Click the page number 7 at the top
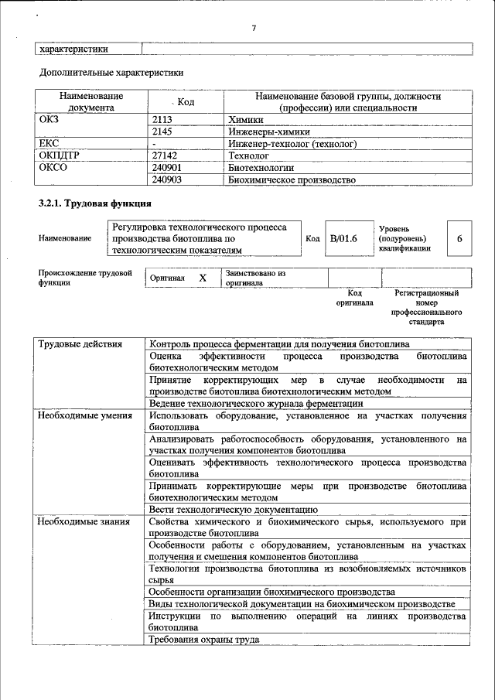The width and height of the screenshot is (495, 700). point(253,29)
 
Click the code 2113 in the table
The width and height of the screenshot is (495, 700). point(162,120)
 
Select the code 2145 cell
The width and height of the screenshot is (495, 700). point(162,132)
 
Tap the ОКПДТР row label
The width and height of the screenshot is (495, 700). point(55,155)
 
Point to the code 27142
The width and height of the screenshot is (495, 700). point(166,155)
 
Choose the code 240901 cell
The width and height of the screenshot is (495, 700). point(167,167)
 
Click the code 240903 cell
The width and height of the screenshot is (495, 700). point(167,179)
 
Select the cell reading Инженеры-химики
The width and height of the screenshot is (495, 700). point(263,132)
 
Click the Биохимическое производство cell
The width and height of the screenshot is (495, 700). point(292,179)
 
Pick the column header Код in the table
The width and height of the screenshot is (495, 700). point(185,102)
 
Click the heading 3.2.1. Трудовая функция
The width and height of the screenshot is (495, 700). point(94,203)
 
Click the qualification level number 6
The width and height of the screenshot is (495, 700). point(459,239)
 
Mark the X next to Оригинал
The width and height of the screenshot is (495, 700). point(203,278)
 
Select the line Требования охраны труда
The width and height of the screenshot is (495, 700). point(204,640)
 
